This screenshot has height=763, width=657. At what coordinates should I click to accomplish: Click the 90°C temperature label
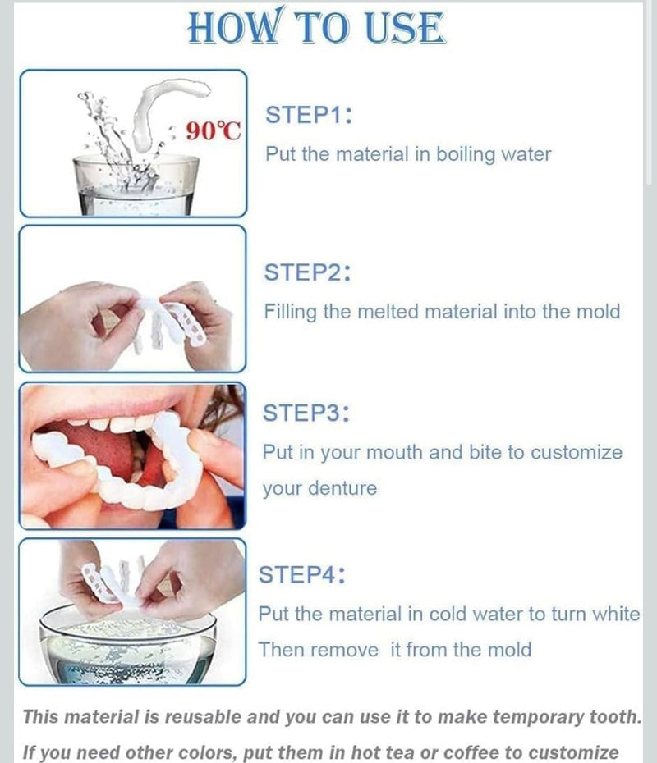point(214,130)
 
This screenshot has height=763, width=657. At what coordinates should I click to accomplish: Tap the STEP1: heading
point(308,115)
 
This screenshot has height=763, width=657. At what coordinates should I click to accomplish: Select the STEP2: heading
point(307,272)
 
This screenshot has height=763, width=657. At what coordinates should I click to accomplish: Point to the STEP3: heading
point(306,413)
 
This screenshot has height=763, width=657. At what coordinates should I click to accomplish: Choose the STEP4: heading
point(302,574)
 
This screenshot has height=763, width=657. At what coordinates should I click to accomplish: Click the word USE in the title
point(404,27)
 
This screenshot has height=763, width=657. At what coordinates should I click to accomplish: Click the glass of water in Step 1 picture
point(136,185)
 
